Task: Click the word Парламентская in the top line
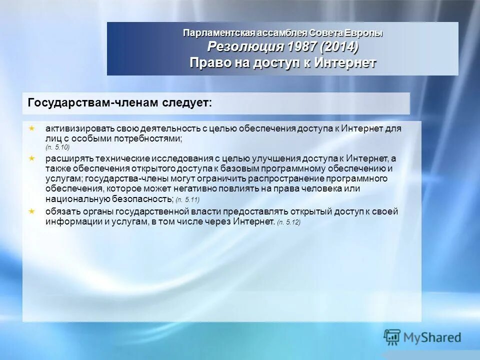click(x=219, y=33)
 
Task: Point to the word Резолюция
click(x=246, y=47)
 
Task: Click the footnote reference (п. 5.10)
click(x=57, y=147)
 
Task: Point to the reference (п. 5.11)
click(x=187, y=200)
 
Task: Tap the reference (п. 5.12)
click(x=288, y=222)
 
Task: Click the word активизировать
click(x=81, y=128)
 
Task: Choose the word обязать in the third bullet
click(x=62, y=211)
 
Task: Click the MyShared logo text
click(x=433, y=337)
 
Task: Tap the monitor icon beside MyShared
click(x=392, y=337)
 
